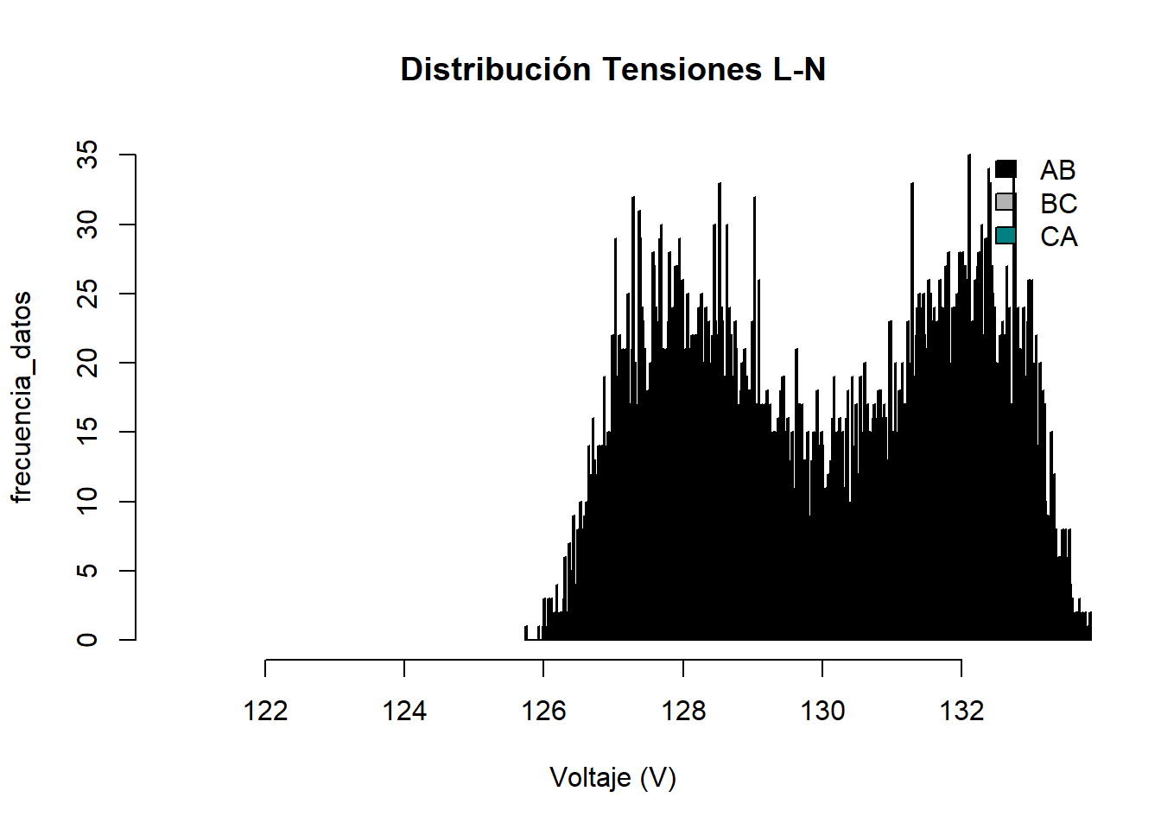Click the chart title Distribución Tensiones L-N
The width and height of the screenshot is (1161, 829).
tap(612, 69)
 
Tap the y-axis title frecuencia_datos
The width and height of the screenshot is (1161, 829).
tap(22, 396)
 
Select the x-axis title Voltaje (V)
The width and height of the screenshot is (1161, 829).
tap(612, 778)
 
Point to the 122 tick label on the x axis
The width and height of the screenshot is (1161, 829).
tap(265, 711)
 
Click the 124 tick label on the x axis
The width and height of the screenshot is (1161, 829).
tap(404, 711)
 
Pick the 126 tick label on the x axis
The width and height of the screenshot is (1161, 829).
tap(543, 711)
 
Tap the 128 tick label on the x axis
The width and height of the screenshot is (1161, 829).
tap(683, 711)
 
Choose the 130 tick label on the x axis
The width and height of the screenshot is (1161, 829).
tap(822, 711)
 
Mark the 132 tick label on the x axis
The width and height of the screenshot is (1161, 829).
tap(961, 711)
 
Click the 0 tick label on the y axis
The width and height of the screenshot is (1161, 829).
tap(88, 640)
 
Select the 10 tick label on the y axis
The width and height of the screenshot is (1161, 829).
tap(88, 501)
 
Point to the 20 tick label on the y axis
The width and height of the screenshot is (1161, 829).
tap(88, 363)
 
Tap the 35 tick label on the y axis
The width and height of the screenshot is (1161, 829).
tap(88, 155)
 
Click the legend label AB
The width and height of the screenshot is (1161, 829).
tap(1058, 170)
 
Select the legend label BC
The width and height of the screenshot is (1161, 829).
tap(1058, 204)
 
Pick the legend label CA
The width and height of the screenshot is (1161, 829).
tap(1058, 237)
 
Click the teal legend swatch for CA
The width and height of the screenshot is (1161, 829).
tap(1005, 236)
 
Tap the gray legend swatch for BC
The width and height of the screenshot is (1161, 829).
tap(1005, 202)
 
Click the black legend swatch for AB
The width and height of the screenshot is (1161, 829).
tap(1005, 169)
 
